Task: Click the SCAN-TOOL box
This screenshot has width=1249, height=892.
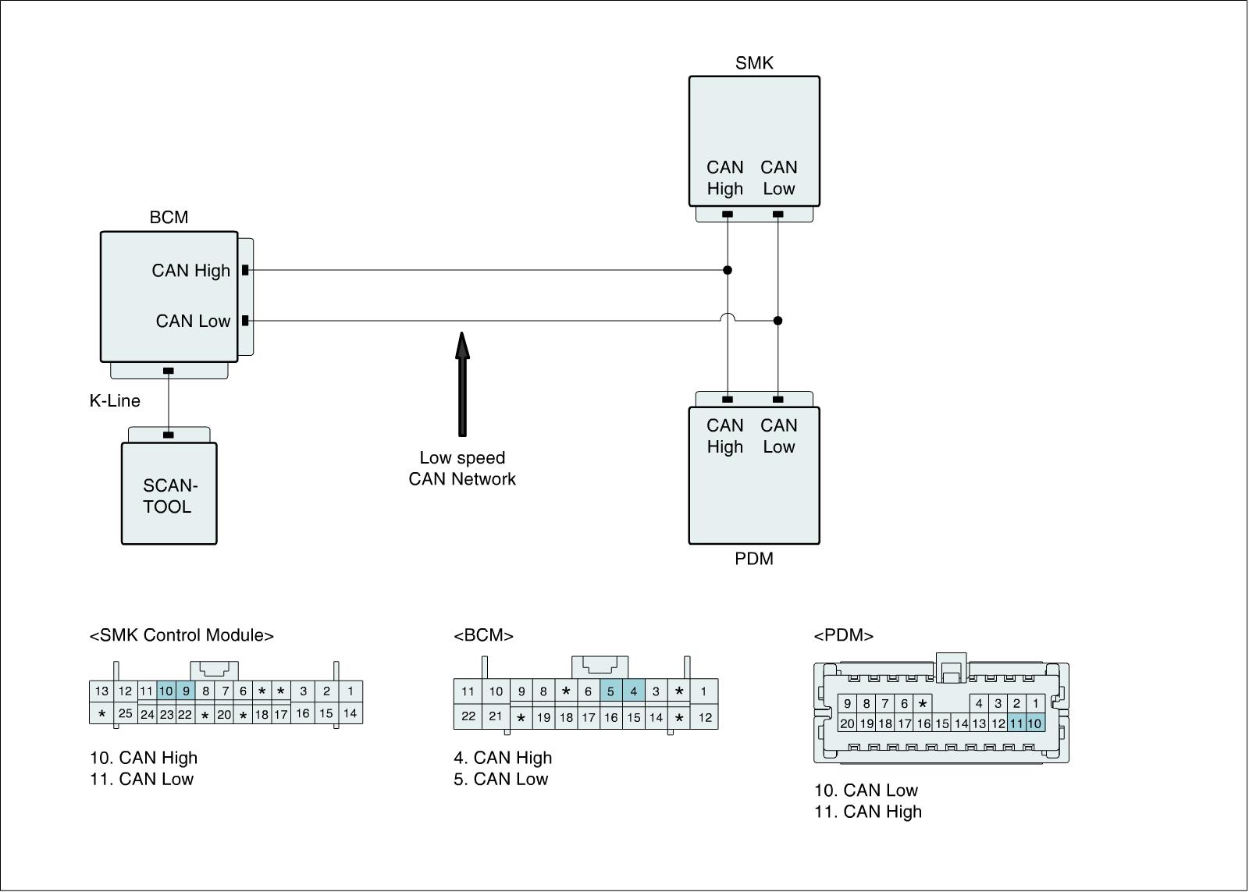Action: click(x=169, y=494)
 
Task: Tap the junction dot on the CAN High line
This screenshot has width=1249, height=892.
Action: click(x=728, y=270)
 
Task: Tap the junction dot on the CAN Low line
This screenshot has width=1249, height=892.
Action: click(x=778, y=320)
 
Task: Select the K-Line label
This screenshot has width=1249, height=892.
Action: click(x=115, y=401)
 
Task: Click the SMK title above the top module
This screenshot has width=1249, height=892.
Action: click(x=754, y=63)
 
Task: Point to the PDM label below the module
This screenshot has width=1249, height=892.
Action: click(x=754, y=559)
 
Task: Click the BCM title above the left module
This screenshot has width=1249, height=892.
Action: click(x=169, y=218)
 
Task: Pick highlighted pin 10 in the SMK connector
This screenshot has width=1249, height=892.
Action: click(x=165, y=691)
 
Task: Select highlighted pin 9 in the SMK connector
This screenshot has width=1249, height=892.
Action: click(x=186, y=691)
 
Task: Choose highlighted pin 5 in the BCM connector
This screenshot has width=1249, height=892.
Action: click(x=610, y=691)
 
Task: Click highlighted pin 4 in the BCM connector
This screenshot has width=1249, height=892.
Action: click(x=633, y=691)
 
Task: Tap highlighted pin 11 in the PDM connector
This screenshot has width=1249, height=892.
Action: click(x=1016, y=723)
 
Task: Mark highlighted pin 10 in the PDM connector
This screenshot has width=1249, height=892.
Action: click(x=1034, y=723)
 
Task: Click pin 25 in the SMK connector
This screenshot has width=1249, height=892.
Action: click(x=125, y=713)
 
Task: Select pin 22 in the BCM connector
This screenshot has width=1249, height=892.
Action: click(x=468, y=716)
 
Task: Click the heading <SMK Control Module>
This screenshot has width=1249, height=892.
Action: click(x=182, y=635)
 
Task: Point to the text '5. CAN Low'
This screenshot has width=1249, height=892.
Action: click(x=501, y=779)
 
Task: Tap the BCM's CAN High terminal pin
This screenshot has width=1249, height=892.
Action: click(x=245, y=270)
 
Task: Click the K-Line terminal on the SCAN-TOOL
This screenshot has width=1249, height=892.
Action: click(x=168, y=435)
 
